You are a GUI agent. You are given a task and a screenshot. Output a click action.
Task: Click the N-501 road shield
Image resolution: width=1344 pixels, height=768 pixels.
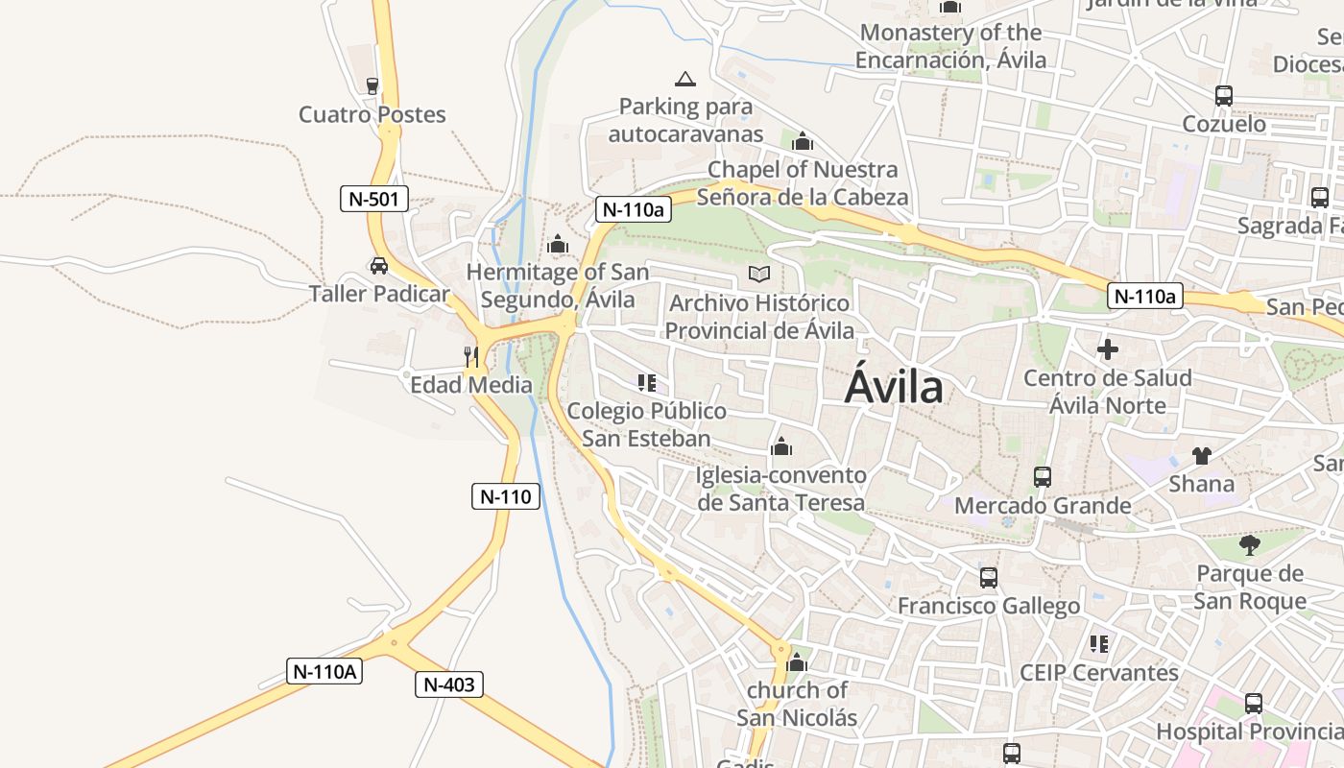tap(374, 200)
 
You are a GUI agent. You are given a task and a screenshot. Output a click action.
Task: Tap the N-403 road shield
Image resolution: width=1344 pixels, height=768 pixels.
tap(449, 684)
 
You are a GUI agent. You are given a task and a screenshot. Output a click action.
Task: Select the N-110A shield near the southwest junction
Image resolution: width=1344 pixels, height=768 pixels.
tap(324, 671)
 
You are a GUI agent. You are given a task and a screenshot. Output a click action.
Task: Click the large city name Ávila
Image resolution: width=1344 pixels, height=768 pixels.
tap(894, 388)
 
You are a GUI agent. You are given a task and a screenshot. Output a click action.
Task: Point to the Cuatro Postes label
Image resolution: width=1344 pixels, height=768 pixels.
tap(372, 114)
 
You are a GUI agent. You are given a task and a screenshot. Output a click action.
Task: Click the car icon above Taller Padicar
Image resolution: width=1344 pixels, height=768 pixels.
tap(379, 265)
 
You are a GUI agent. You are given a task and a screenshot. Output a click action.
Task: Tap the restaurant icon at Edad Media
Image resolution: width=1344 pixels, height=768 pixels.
tap(471, 357)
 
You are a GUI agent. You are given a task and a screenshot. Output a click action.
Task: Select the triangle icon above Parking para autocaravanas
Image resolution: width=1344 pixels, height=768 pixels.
tap(684, 79)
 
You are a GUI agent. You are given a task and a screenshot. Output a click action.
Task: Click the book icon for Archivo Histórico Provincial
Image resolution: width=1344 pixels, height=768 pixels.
tap(759, 275)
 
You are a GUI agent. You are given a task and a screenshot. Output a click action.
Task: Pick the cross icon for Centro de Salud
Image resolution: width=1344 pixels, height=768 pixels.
tap(1108, 349)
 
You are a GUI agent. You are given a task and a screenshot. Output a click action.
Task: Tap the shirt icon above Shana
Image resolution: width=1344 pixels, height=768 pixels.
tap(1201, 455)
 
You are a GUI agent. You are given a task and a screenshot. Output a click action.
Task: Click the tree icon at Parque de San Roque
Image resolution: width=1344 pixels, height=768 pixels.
tap(1249, 545)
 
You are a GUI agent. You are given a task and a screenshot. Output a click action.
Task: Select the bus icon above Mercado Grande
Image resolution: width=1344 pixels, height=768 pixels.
tap(1043, 476)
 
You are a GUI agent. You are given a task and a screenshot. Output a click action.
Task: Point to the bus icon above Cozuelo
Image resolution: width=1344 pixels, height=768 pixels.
tap(1224, 96)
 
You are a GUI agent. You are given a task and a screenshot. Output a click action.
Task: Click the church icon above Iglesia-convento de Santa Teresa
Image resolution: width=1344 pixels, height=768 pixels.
tap(781, 446)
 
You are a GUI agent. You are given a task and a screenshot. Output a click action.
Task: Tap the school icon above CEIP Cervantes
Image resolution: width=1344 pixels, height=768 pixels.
tap(1099, 643)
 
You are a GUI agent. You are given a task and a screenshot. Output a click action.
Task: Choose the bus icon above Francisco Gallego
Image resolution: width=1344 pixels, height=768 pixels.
tap(989, 577)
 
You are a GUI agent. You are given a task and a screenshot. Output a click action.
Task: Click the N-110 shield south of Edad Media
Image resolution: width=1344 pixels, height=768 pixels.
tap(506, 496)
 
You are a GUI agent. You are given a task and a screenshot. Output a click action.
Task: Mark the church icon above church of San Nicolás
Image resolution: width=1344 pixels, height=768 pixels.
tap(797, 662)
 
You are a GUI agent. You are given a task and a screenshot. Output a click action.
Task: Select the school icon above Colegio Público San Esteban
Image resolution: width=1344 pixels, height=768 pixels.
tap(647, 383)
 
